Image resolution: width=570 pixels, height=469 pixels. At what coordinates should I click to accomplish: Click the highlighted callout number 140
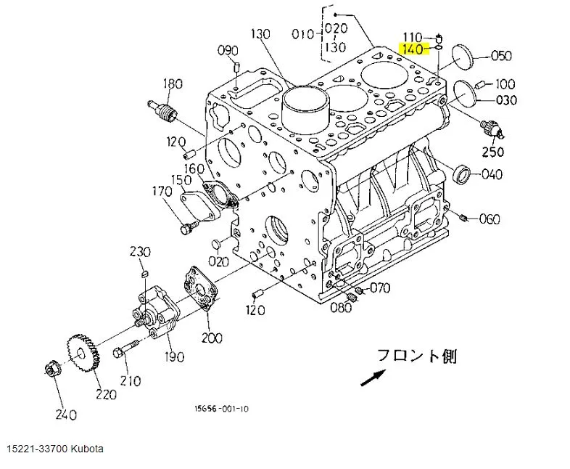413,49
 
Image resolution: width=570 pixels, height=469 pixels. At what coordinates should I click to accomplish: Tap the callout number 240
66,415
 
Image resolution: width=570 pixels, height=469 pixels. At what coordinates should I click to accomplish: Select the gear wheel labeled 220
83,353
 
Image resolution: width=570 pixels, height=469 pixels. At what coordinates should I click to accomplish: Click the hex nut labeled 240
53,369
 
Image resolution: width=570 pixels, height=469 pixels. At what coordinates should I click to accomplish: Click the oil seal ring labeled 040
462,175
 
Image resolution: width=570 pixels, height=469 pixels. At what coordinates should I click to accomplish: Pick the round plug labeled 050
463,57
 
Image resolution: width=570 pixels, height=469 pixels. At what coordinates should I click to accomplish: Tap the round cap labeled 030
466,93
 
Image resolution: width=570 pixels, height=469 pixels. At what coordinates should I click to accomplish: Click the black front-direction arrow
373,378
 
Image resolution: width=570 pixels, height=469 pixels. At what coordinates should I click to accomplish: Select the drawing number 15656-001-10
221,409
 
